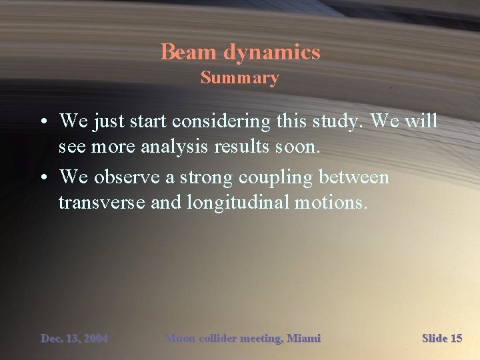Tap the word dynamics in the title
pos(272,53)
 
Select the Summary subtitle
pos(240,78)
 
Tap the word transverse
pos(101,202)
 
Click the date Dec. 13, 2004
pos(74,339)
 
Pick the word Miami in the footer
pos(303,339)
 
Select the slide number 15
pos(455,339)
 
